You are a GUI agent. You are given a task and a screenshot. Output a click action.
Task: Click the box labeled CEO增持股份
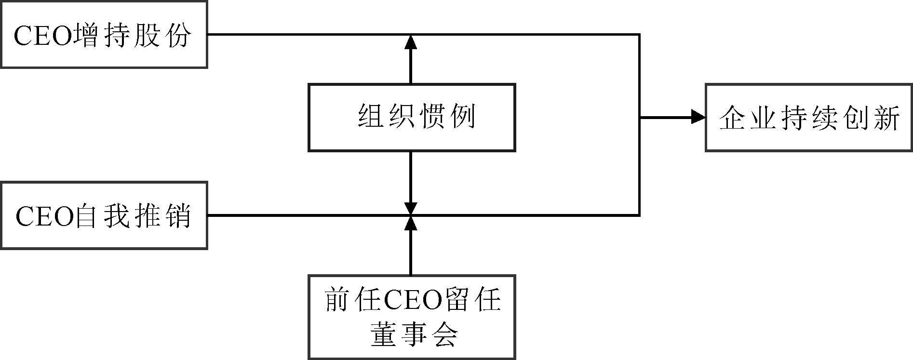point(104,34)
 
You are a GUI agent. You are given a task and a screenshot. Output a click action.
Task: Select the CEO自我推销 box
point(104,215)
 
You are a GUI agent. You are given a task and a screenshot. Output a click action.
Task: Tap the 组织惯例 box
point(412,118)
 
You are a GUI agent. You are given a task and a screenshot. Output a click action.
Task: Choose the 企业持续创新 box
point(809,118)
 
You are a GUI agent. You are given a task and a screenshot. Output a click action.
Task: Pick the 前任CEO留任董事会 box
point(412,317)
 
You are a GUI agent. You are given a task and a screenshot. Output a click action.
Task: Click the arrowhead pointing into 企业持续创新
point(698,117)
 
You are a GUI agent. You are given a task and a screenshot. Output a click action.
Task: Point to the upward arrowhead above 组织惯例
point(411,42)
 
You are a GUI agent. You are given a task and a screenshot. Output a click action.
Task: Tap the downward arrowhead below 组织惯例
point(411,208)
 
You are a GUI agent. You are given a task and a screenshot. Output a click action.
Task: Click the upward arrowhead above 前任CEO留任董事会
point(411,223)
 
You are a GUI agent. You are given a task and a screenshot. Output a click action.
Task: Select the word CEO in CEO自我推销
point(44,216)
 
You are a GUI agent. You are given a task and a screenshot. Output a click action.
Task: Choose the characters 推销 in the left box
point(161,216)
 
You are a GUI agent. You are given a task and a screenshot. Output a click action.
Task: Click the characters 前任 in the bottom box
point(353,300)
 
